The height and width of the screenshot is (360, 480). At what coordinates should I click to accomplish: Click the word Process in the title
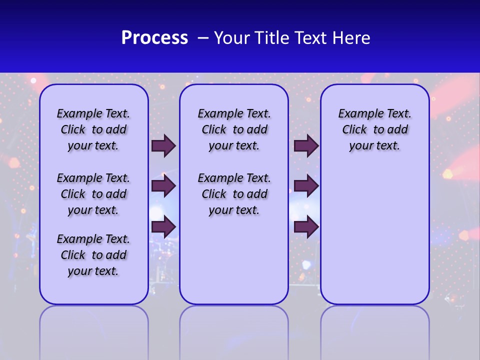click(154, 37)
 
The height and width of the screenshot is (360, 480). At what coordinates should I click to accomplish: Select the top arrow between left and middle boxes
click(163, 146)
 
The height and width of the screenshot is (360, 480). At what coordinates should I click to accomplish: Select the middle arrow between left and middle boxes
click(163, 186)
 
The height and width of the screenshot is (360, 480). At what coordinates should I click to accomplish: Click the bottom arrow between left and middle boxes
click(163, 226)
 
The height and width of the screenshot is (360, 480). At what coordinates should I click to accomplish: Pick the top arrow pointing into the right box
click(306, 146)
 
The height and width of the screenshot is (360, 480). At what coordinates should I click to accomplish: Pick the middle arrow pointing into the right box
click(306, 186)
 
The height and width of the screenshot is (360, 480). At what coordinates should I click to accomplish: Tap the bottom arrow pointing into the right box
click(306, 227)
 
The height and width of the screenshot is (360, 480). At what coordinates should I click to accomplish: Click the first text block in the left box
click(93, 129)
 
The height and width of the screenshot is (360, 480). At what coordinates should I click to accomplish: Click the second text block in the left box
click(93, 194)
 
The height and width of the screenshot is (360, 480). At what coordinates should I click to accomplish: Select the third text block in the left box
click(93, 255)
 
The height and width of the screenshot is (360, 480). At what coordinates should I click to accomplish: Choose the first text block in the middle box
click(234, 129)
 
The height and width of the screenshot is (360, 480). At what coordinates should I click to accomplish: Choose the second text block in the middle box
click(234, 194)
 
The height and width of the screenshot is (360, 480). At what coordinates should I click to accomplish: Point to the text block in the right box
click(374, 129)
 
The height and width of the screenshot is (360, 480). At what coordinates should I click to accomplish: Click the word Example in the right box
click(356, 114)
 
